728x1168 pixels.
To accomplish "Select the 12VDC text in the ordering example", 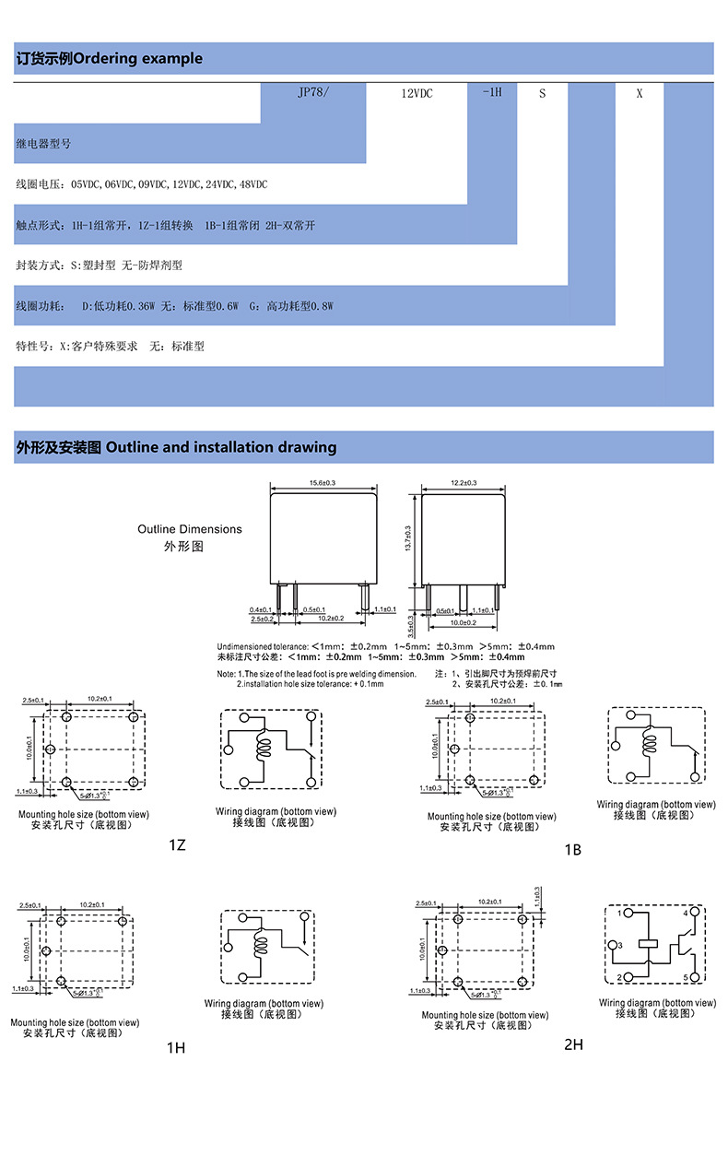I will (417, 93).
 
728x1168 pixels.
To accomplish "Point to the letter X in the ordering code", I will (640, 93).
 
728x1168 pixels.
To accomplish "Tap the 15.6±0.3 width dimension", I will (321, 483).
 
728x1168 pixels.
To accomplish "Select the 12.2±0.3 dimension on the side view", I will (464, 483).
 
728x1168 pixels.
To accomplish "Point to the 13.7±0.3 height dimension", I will (407, 538).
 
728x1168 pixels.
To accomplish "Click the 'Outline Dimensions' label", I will (190, 529).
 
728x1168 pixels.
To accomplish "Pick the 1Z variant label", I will (177, 844).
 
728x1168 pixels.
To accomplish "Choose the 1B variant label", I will (572, 849).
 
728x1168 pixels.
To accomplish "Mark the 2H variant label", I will (573, 1044).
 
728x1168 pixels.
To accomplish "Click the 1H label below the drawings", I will (176, 1047).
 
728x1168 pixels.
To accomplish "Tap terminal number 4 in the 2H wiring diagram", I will (685, 913).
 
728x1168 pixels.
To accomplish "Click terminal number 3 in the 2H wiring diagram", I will (620, 946).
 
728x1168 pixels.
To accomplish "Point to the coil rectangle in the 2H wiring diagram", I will (649, 944).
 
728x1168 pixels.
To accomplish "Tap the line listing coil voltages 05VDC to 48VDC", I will (142, 184).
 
